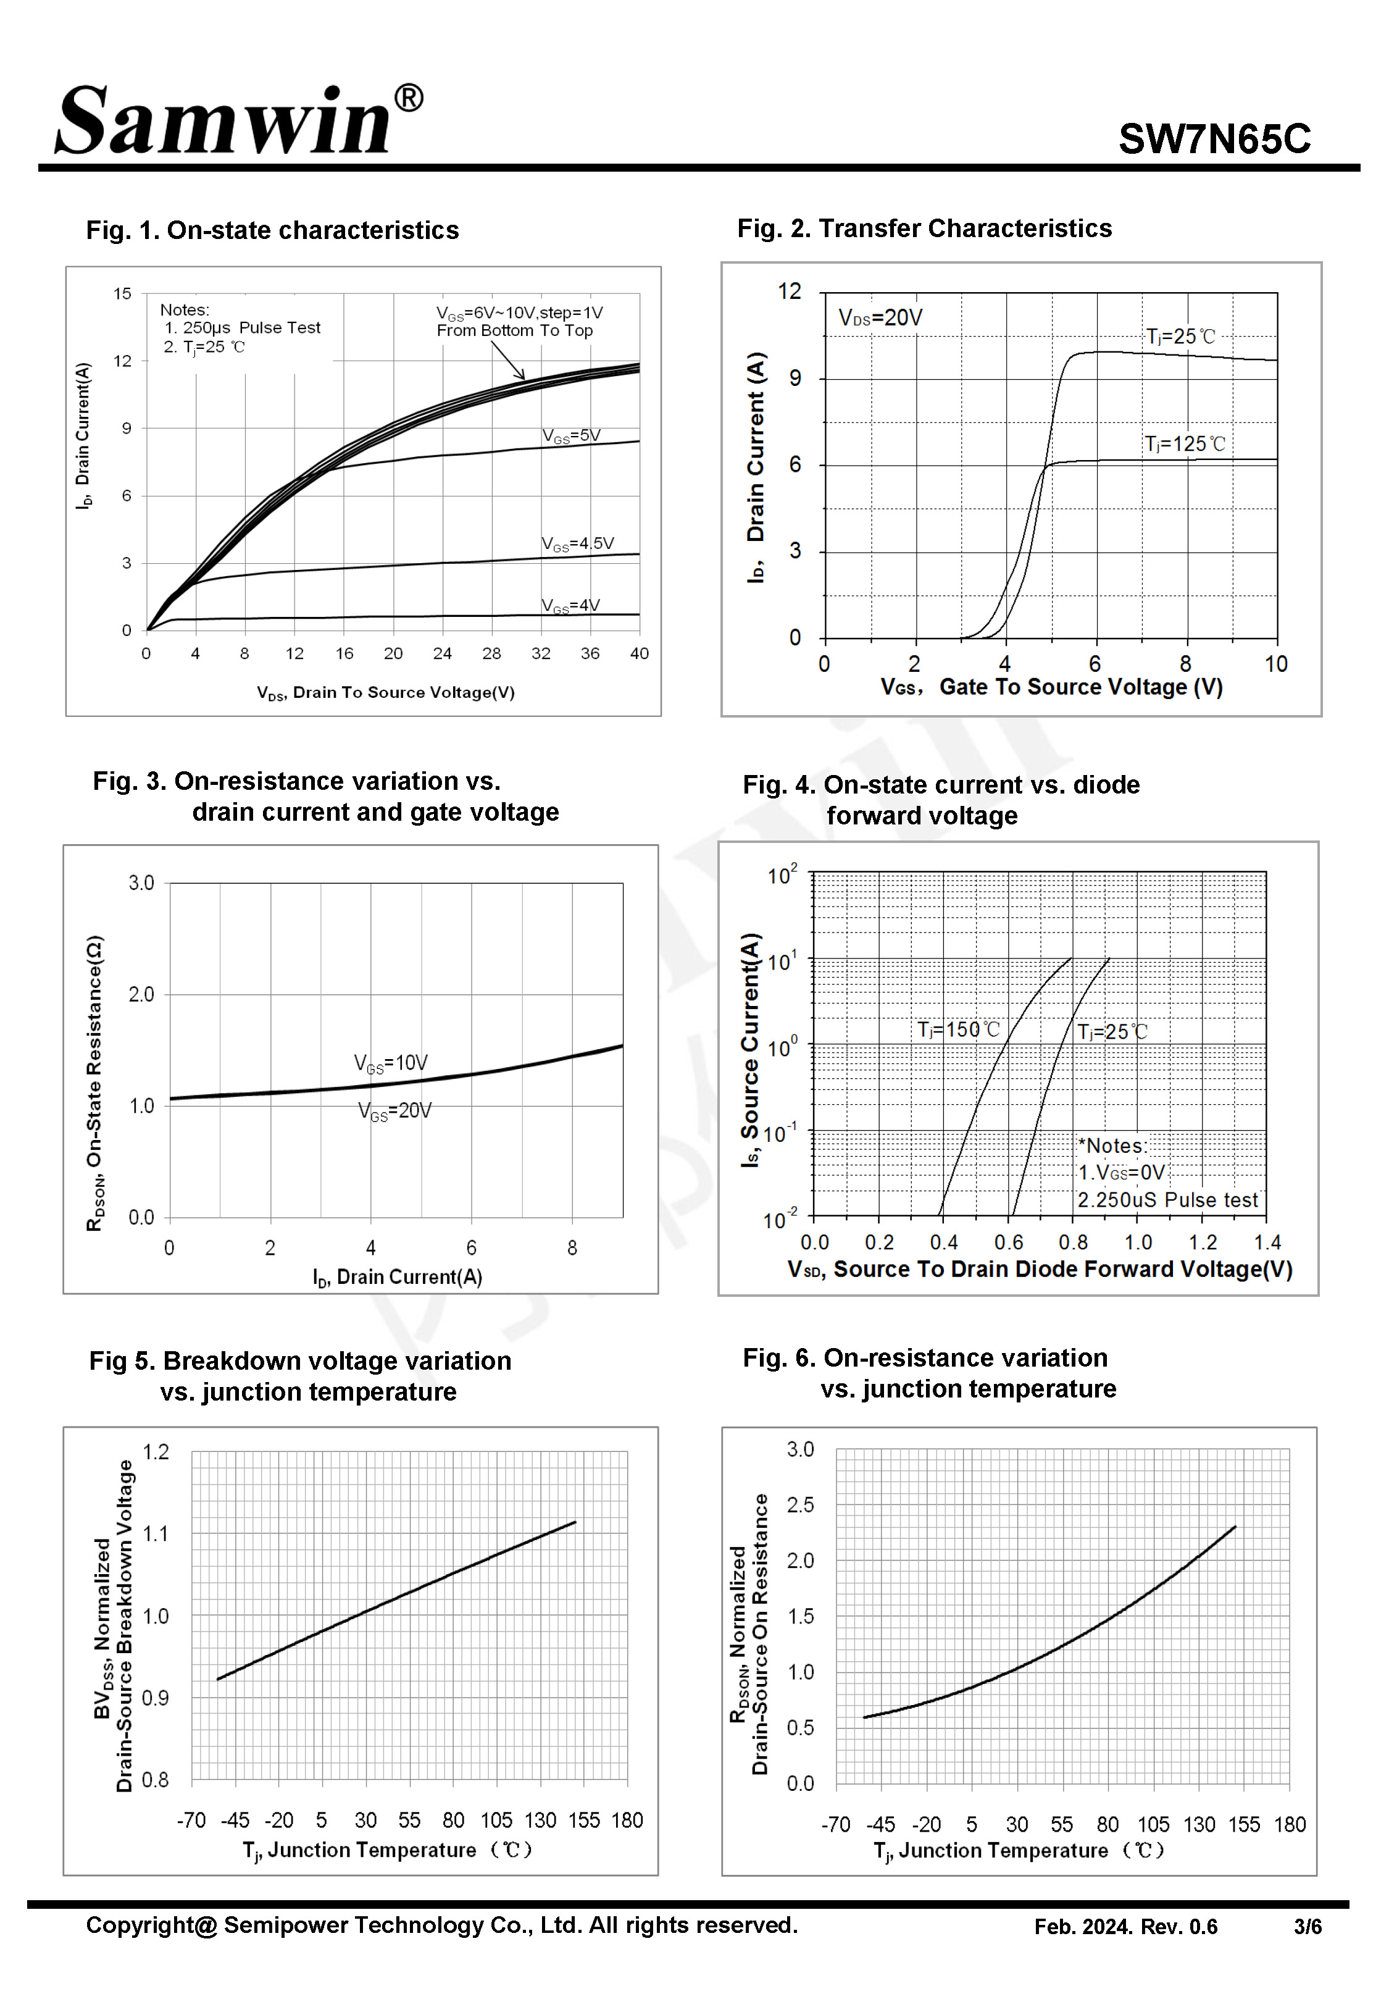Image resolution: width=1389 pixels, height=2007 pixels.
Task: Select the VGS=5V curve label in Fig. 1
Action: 571,435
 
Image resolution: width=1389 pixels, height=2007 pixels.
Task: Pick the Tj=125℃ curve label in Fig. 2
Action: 1185,444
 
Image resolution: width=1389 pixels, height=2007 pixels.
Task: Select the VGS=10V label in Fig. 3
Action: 391,1063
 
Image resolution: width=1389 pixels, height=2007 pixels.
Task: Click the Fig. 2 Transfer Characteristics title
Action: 924,228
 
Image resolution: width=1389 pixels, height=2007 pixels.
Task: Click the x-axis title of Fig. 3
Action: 397,1277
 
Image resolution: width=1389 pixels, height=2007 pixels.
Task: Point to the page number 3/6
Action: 1307,1926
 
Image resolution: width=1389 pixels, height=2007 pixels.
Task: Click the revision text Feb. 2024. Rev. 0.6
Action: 1125,1926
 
